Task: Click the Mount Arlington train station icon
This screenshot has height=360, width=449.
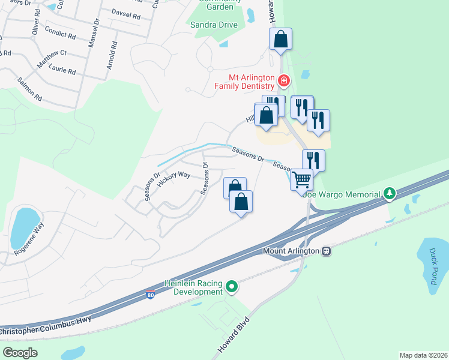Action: pyautogui.click(x=326, y=251)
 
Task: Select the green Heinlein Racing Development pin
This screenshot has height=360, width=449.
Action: pyautogui.click(x=232, y=287)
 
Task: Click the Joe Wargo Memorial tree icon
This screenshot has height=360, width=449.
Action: pyautogui.click(x=390, y=194)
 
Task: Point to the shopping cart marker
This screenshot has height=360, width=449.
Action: pyautogui.click(x=302, y=178)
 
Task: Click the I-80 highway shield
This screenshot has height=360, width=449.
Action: pyautogui.click(x=150, y=295)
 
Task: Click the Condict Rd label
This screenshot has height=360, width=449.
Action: pyautogui.click(x=61, y=35)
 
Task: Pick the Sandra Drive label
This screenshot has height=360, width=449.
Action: pyautogui.click(x=214, y=25)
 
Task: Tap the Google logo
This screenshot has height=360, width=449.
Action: pyautogui.click(x=20, y=352)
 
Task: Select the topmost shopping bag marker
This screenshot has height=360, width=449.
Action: pyautogui.click(x=280, y=40)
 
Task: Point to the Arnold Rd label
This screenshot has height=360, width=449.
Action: pyautogui.click(x=111, y=55)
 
